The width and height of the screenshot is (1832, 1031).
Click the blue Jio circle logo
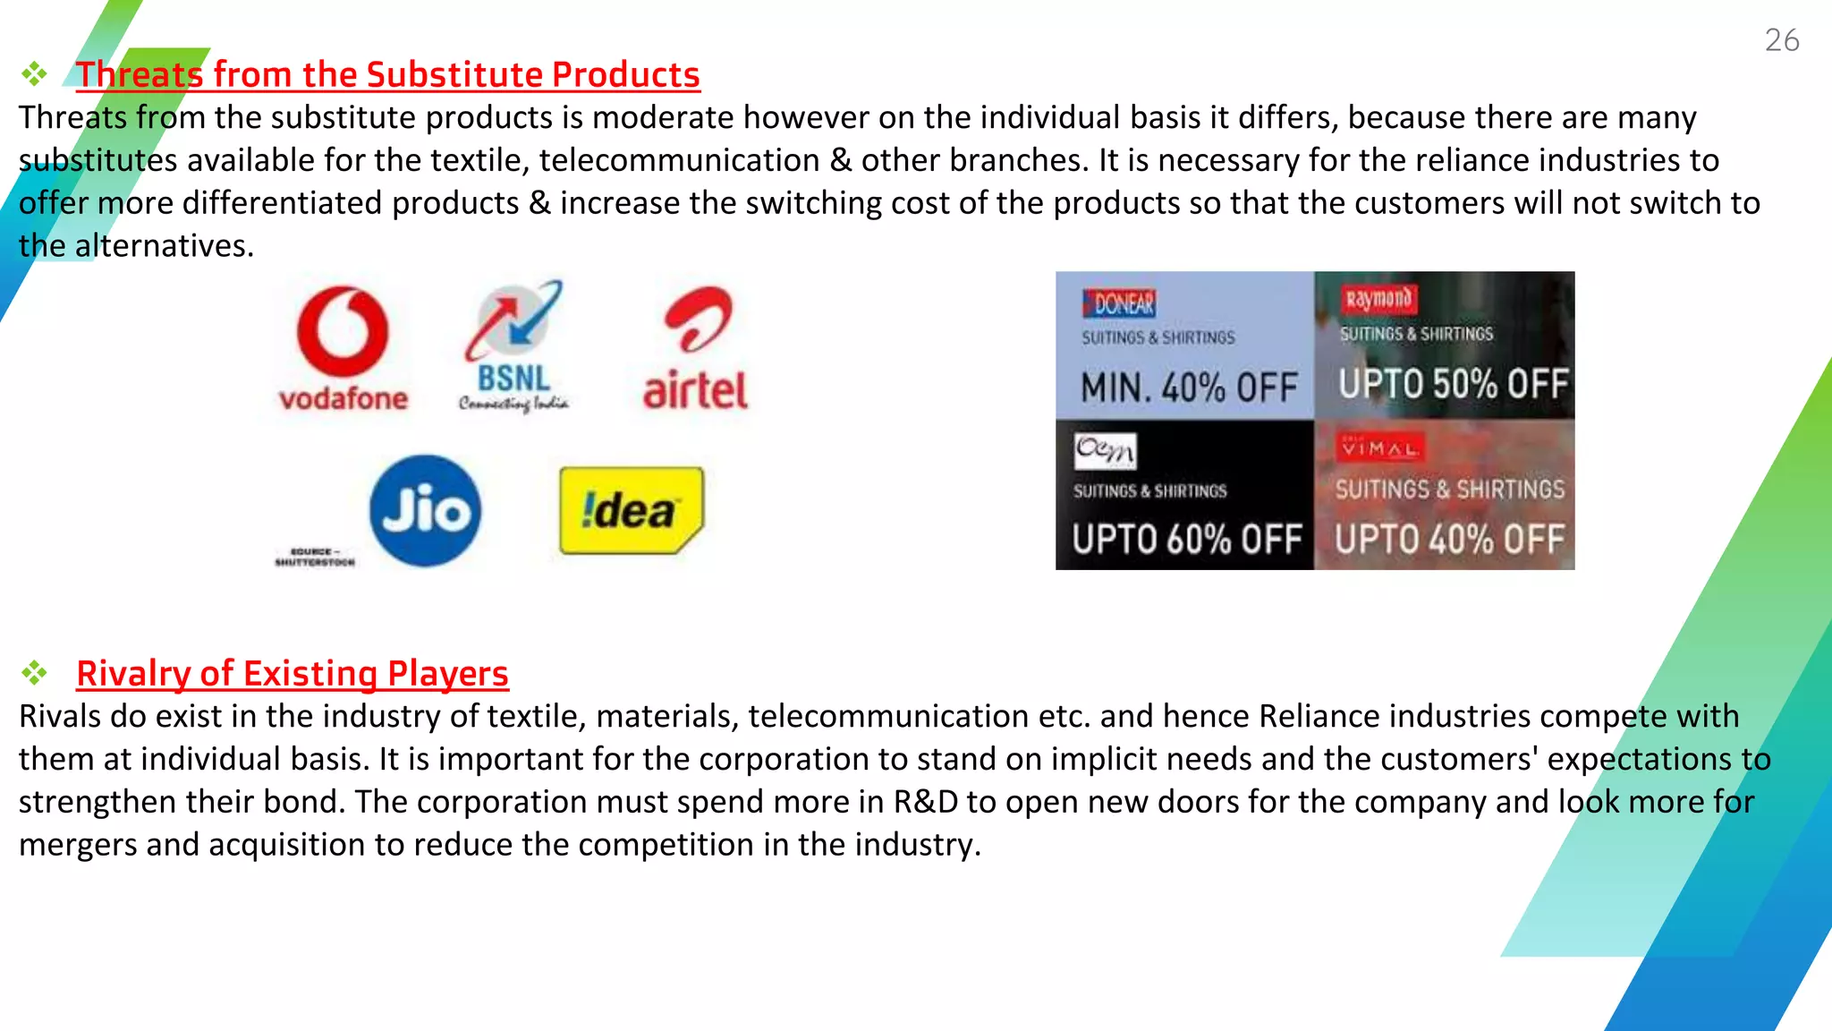pyautogui.click(x=426, y=511)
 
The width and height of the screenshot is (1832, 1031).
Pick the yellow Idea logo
pyautogui.click(x=631, y=510)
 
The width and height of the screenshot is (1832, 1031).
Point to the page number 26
pyautogui.click(x=1781, y=40)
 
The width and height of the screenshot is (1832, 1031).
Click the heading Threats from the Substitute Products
pyautogui.click(x=387, y=75)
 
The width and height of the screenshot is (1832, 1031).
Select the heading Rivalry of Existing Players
pyautogui.click(x=293, y=674)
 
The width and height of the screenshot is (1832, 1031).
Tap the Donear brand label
pyautogui.click(x=1119, y=304)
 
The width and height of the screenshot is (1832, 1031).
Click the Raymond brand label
pyautogui.click(x=1378, y=299)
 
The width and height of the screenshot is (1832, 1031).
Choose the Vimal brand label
pyautogui.click(x=1378, y=447)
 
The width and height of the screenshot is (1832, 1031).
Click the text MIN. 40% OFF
pyautogui.click(x=1189, y=388)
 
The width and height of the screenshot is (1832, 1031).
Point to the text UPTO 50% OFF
pyautogui.click(x=1453, y=385)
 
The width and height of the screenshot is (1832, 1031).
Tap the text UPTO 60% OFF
pyautogui.click(x=1187, y=540)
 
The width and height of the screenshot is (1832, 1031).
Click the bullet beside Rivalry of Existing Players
pyautogui.click(x=35, y=673)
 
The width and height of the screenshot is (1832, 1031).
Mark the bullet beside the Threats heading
pyautogui.click(x=35, y=73)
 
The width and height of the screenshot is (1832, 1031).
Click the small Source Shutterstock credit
pyautogui.click(x=315, y=557)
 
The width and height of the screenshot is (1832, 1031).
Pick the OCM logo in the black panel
pyautogui.click(x=1105, y=450)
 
